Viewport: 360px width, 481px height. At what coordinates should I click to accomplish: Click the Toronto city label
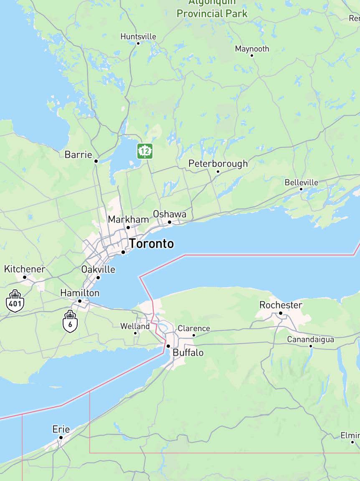(151, 243)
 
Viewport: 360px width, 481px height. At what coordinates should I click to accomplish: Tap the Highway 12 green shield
(145, 151)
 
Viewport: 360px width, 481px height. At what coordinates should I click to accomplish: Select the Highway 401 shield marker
(15, 301)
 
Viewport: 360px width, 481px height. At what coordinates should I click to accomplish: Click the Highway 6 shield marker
(70, 321)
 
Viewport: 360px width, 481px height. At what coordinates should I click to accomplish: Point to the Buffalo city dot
(168, 346)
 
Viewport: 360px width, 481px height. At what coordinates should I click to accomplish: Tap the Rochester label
(281, 305)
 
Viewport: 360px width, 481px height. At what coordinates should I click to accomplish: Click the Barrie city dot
(96, 161)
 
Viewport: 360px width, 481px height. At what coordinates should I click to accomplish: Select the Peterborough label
(218, 164)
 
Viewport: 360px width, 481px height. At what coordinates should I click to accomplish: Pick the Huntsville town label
(138, 37)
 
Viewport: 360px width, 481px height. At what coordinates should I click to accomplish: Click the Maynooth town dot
(252, 55)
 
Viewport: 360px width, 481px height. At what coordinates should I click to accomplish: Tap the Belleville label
(301, 182)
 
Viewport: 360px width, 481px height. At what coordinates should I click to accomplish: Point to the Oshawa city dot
(170, 222)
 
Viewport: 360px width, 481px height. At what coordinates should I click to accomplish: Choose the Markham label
(128, 219)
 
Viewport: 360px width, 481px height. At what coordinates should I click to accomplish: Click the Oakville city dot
(98, 277)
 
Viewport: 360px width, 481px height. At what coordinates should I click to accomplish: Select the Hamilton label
(80, 293)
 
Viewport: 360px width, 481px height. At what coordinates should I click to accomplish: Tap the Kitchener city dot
(25, 277)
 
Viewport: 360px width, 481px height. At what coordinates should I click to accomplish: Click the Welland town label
(135, 326)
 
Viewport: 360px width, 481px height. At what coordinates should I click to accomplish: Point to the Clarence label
(194, 329)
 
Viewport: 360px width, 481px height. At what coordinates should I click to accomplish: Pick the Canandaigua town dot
(311, 346)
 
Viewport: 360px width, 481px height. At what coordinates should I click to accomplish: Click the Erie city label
(61, 429)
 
